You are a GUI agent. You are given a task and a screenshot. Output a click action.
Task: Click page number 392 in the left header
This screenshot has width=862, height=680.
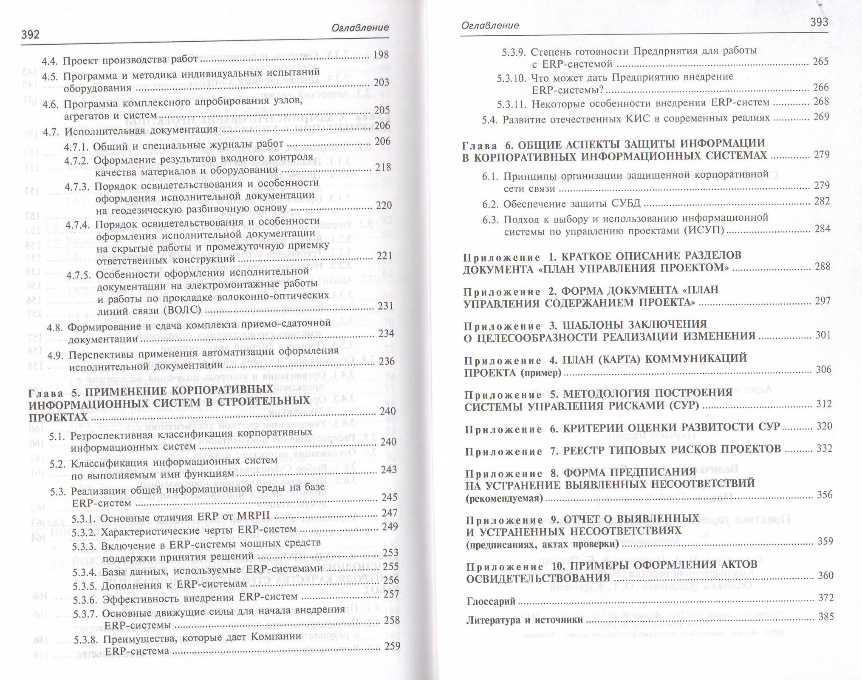coord(31,34)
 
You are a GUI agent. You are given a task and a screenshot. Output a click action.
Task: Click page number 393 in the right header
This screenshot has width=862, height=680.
coord(819,22)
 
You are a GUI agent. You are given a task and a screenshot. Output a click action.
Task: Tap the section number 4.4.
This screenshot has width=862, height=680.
coord(50,61)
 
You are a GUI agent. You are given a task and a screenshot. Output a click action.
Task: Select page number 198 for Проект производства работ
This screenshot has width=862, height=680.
coord(381,54)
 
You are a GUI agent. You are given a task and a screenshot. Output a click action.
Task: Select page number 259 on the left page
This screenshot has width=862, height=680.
coord(392,646)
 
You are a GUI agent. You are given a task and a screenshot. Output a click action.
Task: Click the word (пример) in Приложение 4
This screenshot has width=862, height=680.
coord(541,373)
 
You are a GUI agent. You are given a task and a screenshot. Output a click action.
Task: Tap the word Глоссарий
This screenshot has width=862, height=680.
coord(491,601)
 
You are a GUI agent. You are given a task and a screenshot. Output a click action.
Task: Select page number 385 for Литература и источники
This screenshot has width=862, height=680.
coord(826,616)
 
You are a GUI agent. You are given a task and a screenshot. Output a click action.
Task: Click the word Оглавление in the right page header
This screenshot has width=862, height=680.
coord(490,26)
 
